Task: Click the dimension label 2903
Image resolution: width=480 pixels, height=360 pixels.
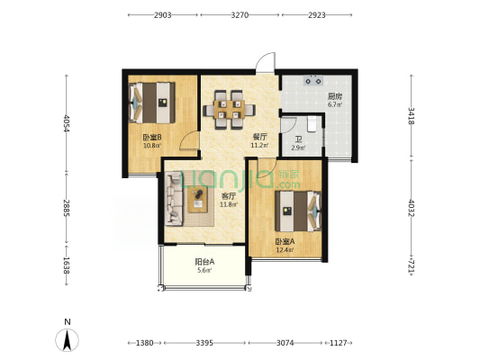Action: (x=162, y=15)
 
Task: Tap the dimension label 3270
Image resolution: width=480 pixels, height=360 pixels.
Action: (x=240, y=15)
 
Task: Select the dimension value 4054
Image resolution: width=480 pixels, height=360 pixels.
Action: (x=66, y=123)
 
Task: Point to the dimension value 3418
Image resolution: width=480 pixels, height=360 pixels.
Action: (x=412, y=116)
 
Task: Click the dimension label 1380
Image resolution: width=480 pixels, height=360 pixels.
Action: (x=144, y=343)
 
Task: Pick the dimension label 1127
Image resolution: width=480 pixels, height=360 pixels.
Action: (x=339, y=343)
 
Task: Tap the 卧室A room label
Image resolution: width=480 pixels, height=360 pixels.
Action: (x=285, y=241)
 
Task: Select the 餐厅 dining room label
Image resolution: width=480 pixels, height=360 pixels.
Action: (x=260, y=137)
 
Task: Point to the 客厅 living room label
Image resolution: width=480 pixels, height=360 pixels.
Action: (x=229, y=196)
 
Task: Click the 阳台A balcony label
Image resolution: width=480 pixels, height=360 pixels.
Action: (x=204, y=262)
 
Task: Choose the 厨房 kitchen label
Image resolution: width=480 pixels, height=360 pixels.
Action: (x=335, y=96)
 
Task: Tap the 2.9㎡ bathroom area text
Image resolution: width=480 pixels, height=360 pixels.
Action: (x=298, y=148)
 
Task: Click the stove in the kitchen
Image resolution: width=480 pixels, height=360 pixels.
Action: (x=313, y=81)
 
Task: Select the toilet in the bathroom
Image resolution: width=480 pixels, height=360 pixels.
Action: (x=312, y=123)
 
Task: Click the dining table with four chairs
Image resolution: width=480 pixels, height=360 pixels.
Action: (x=230, y=110)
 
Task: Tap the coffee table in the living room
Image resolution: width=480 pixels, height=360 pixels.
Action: (x=198, y=199)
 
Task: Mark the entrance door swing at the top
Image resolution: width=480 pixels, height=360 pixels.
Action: (x=266, y=62)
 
